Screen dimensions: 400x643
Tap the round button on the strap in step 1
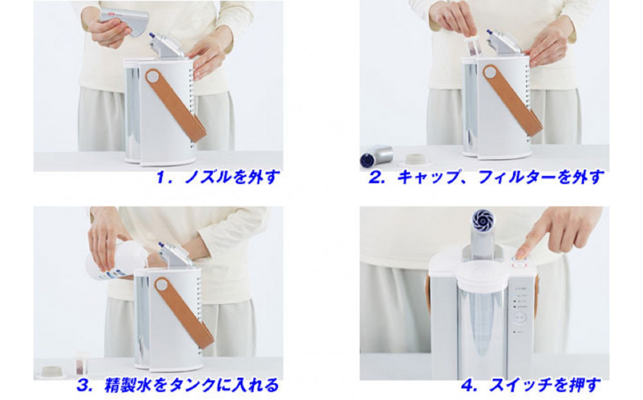click(x=153, y=77)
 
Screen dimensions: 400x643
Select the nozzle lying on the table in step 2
click(x=377, y=157)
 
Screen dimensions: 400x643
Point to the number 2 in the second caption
click(x=376, y=178)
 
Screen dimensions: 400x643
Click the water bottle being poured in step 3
click(x=119, y=258)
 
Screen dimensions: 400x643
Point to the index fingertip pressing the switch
click(x=521, y=254)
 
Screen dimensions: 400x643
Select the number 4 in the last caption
click(x=468, y=385)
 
